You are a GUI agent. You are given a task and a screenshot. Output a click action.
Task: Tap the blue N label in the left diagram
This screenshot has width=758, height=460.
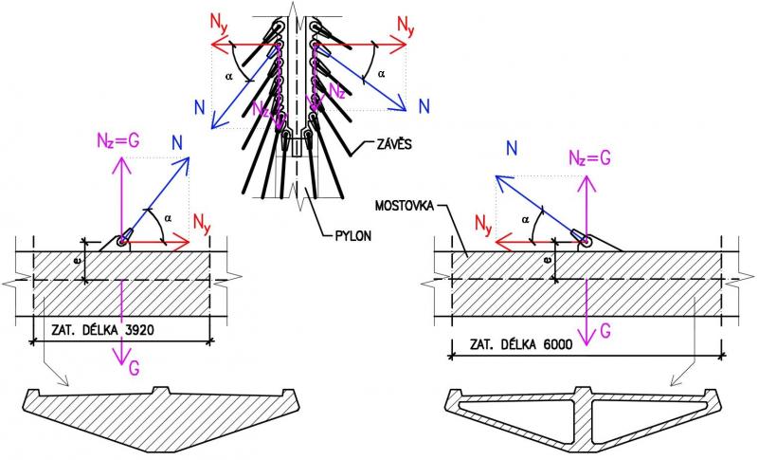pyautogui.click(x=178, y=142)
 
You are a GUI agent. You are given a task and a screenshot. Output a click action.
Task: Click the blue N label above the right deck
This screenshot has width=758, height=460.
pyautogui.click(x=512, y=147)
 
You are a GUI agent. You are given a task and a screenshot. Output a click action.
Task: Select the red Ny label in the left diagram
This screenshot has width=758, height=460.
pyautogui.click(x=202, y=226)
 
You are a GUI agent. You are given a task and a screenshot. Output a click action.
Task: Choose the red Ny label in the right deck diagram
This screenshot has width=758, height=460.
pyautogui.click(x=484, y=226)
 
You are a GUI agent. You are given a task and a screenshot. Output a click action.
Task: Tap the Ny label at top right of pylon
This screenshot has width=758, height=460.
pyautogui.click(x=406, y=23)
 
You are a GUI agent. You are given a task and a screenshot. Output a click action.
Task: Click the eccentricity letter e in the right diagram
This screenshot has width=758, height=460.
pyautogui.click(x=549, y=257)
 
